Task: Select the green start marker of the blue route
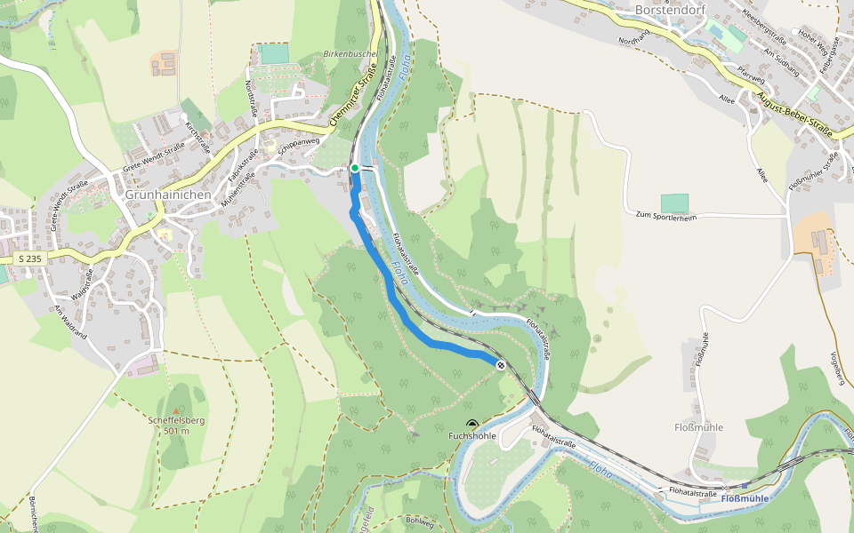point(354,168)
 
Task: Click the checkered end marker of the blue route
point(501,364)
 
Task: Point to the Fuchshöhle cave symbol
point(471,424)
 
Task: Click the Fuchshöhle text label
point(471,436)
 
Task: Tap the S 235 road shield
point(29,258)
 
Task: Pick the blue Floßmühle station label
point(744,498)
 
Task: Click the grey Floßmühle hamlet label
point(698,427)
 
